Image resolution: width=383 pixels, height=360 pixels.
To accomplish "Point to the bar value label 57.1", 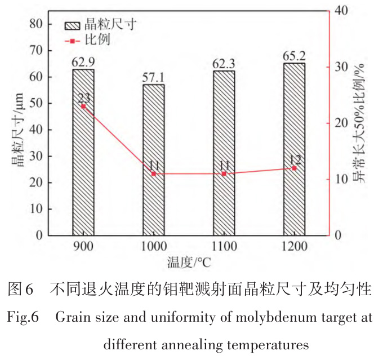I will pos(153,78).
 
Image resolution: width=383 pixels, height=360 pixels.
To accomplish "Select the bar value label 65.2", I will pos(294,56).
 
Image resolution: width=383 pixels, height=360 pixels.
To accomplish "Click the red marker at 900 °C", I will pos(83,106).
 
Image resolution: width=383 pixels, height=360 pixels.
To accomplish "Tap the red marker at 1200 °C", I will pos(294,168).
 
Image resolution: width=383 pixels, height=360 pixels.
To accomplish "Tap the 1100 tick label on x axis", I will pos(224,247).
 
